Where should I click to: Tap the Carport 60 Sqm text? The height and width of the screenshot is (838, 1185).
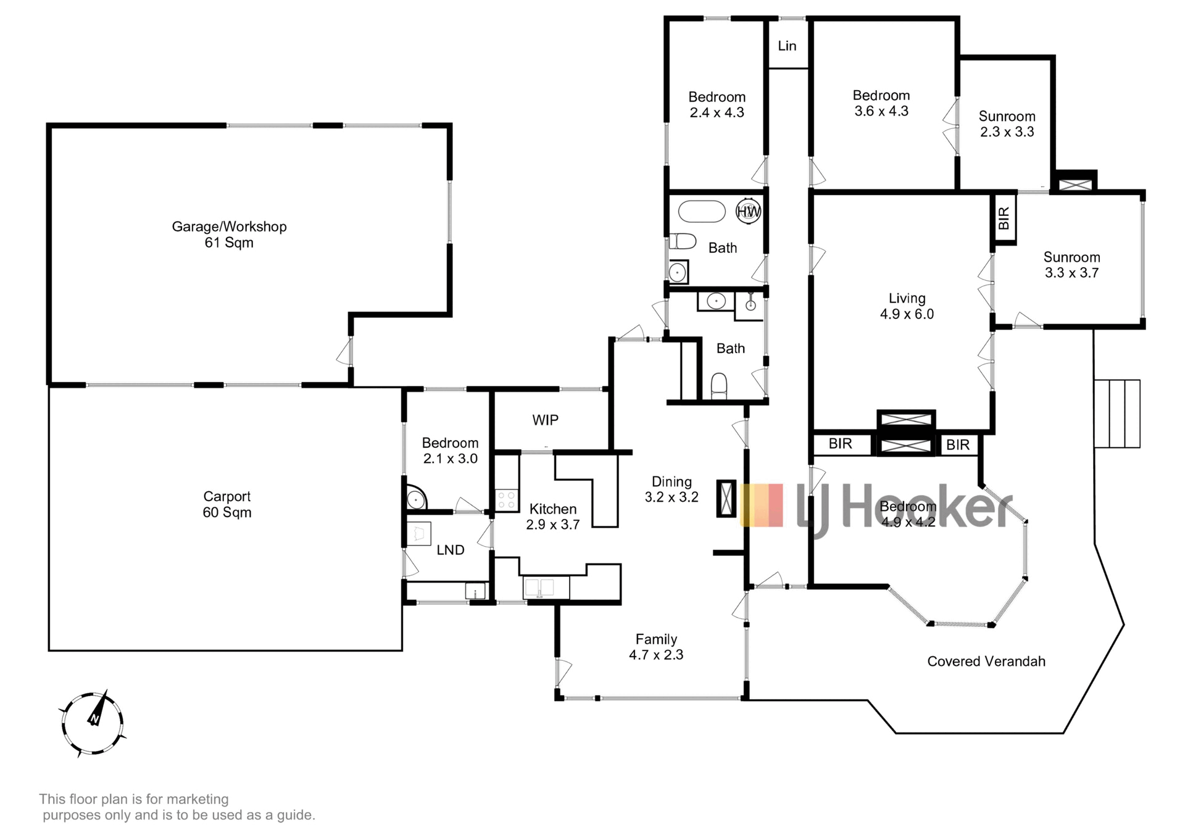[227, 504]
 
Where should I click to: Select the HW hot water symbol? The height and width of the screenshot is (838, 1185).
[749, 212]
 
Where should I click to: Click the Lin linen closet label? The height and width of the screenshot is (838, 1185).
[787, 46]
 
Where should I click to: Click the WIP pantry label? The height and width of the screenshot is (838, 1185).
[546, 420]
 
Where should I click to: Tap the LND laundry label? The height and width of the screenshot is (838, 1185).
[451, 550]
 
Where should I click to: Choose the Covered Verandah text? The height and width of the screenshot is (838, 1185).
[986, 662]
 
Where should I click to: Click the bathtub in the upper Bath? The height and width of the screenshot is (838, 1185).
[702, 212]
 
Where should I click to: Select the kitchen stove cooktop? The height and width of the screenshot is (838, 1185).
[507, 499]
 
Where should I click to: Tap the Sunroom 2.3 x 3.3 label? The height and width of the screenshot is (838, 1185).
[1007, 124]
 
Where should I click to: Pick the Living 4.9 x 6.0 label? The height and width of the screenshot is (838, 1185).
[907, 306]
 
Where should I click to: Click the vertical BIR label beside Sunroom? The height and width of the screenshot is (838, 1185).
[1004, 218]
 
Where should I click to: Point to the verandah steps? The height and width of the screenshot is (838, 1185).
[1117, 413]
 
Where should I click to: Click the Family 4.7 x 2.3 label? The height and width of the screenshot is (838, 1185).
[656, 647]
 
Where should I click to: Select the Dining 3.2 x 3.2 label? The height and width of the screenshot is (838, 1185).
[671, 489]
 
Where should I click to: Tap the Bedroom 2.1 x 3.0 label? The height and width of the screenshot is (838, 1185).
[450, 450]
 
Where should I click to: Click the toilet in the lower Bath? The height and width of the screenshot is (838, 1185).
[719, 387]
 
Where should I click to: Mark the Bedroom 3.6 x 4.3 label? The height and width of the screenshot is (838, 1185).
[881, 103]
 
